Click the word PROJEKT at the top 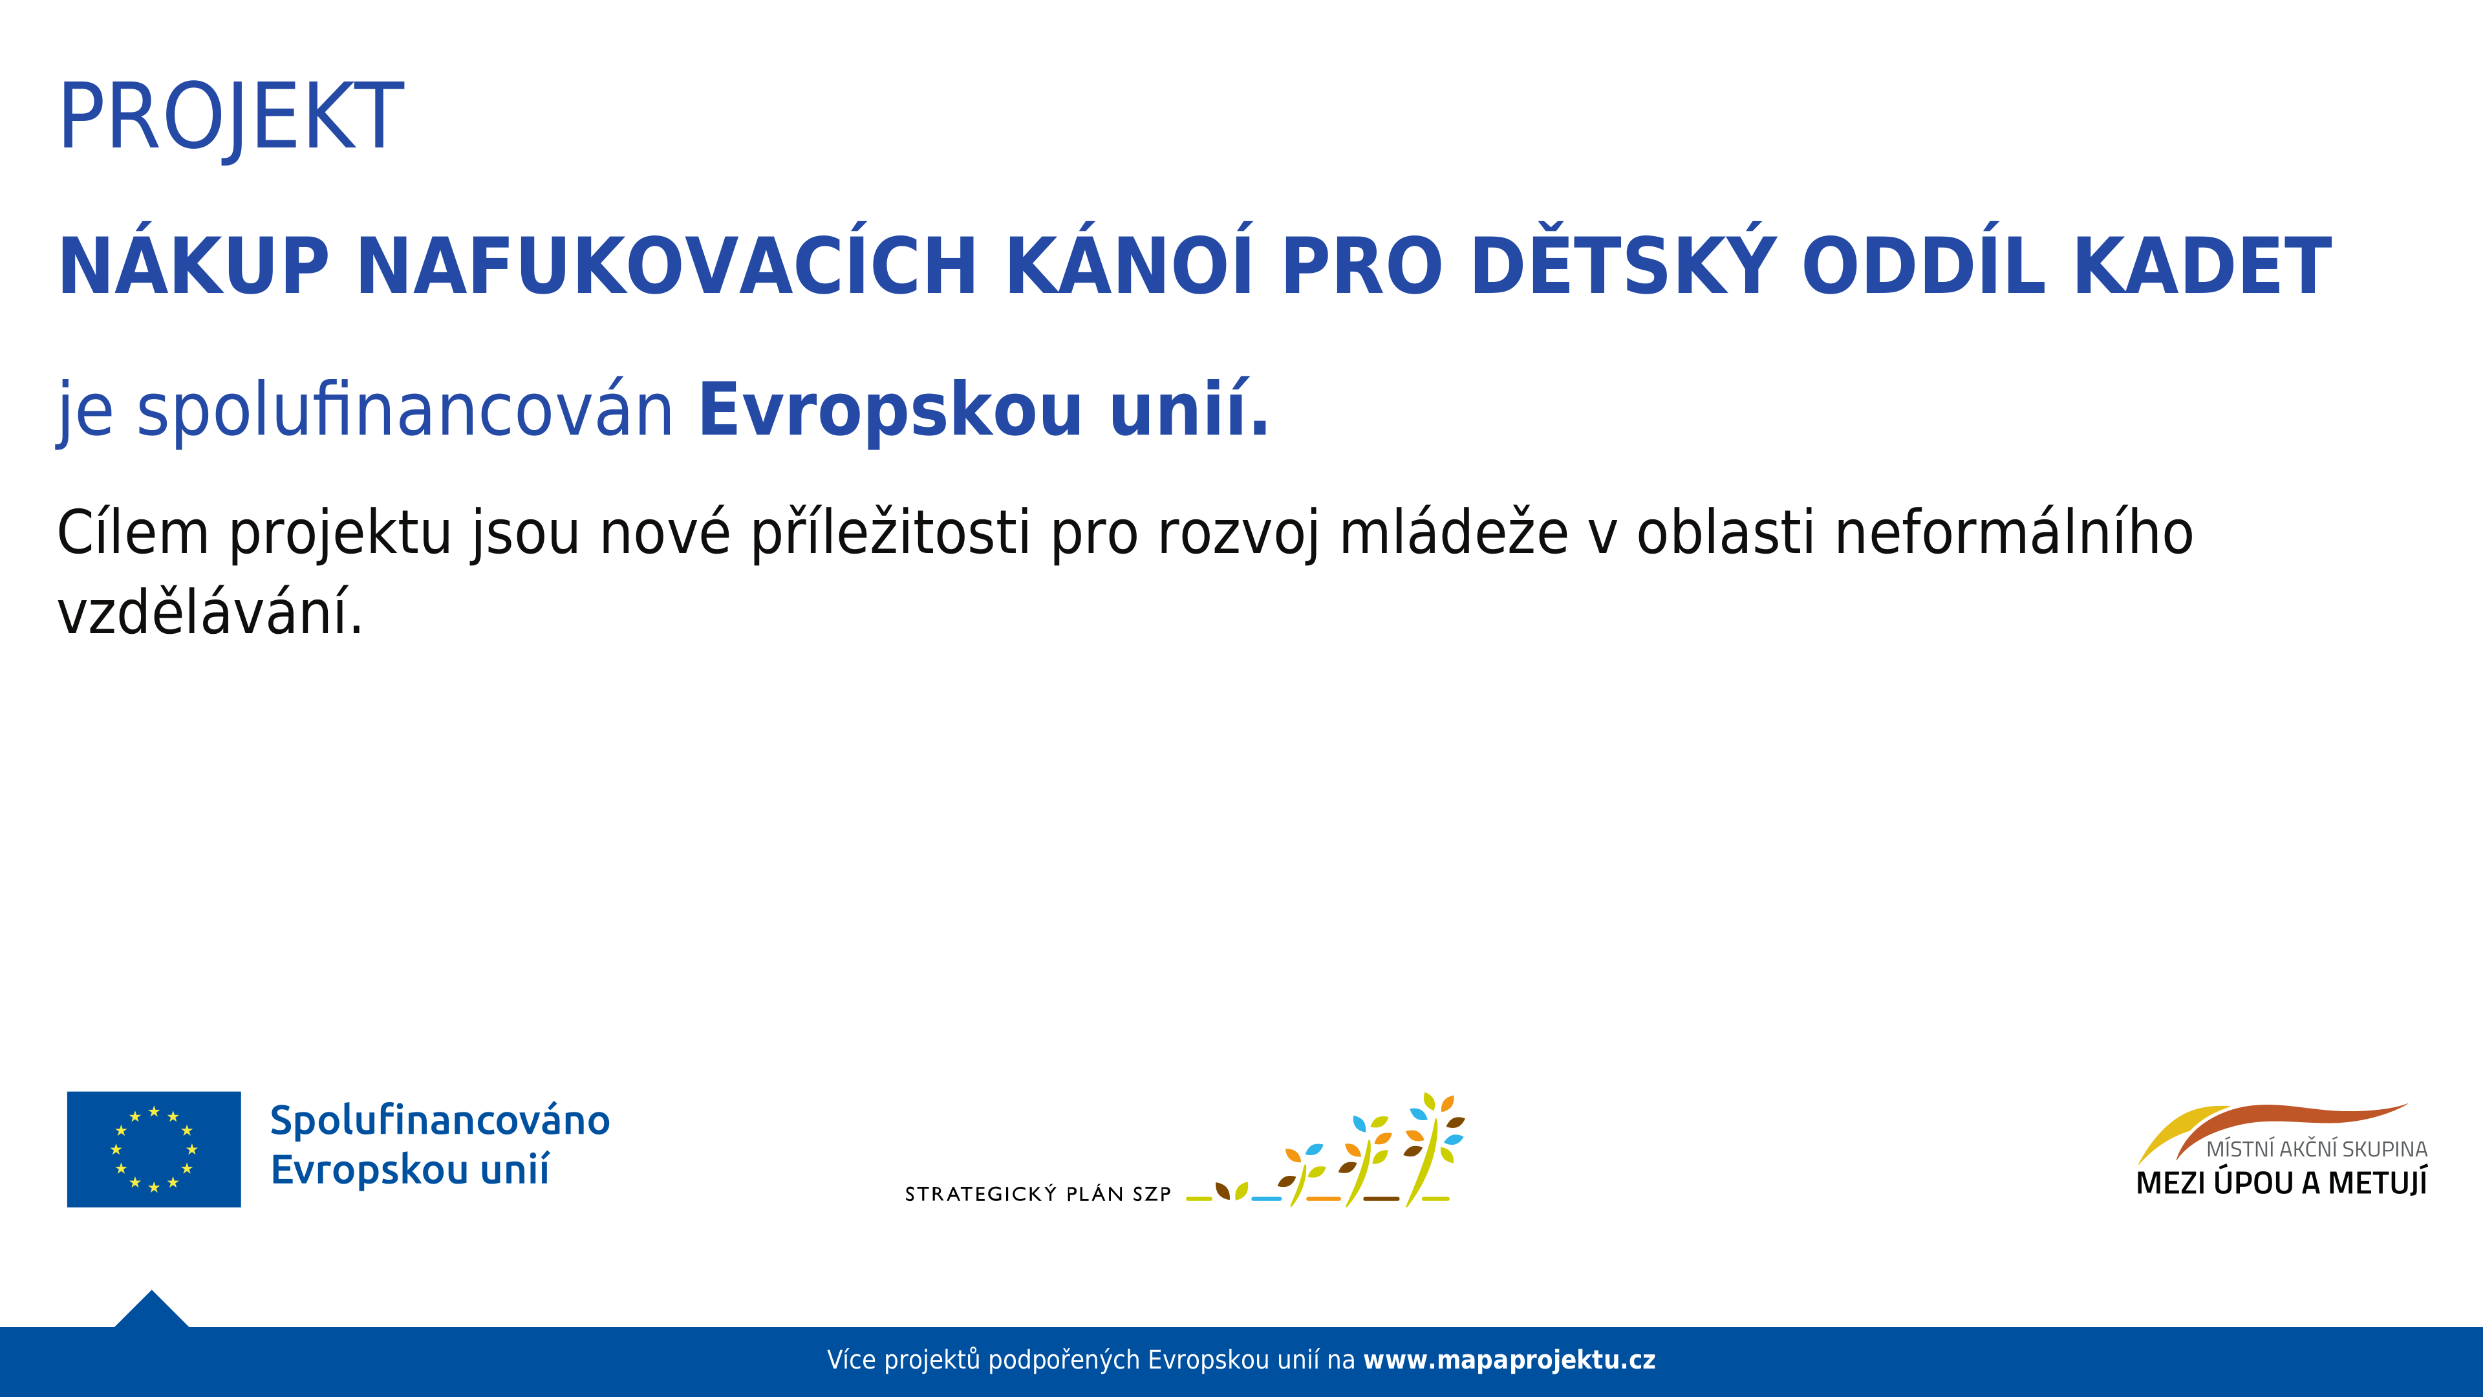pos(231,118)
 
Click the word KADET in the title pos(2202,265)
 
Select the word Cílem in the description pos(133,532)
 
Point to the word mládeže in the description pos(1454,532)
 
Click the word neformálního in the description pos(2014,532)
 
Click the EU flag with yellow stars pos(155,1149)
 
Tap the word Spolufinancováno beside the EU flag pos(440,1120)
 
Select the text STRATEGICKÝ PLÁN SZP pos(1037,1193)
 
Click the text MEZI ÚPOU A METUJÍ pos(2281,1183)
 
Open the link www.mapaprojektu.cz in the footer pos(1509,1360)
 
